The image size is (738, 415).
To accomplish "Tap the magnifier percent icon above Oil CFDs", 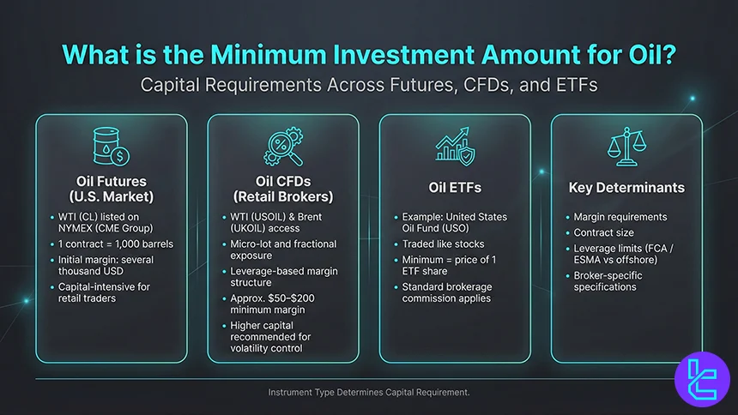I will click(x=282, y=148).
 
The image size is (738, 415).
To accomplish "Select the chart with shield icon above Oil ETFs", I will click(x=454, y=148).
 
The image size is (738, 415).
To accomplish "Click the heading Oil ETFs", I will click(x=454, y=187).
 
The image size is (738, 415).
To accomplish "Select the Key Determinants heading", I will click(x=626, y=187).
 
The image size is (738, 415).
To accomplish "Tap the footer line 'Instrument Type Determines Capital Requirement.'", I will click(x=369, y=392).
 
